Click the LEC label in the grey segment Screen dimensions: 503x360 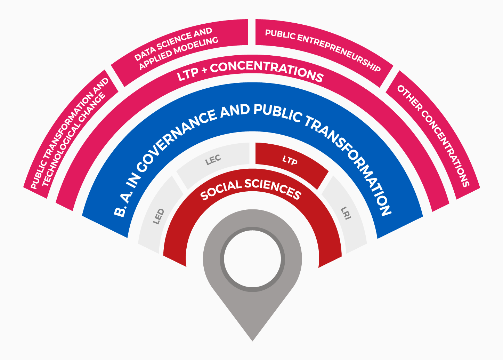[x=213, y=160]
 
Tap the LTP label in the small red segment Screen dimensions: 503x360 [x=290, y=160]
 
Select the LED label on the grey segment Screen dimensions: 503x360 [x=159, y=216]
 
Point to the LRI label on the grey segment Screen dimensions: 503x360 [x=346, y=213]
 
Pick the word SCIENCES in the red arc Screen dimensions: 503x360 [x=273, y=188]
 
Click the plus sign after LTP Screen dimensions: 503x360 [x=204, y=71]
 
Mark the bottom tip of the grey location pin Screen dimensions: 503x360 [x=252, y=341]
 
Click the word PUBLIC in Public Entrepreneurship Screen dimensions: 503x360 [x=280, y=34]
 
